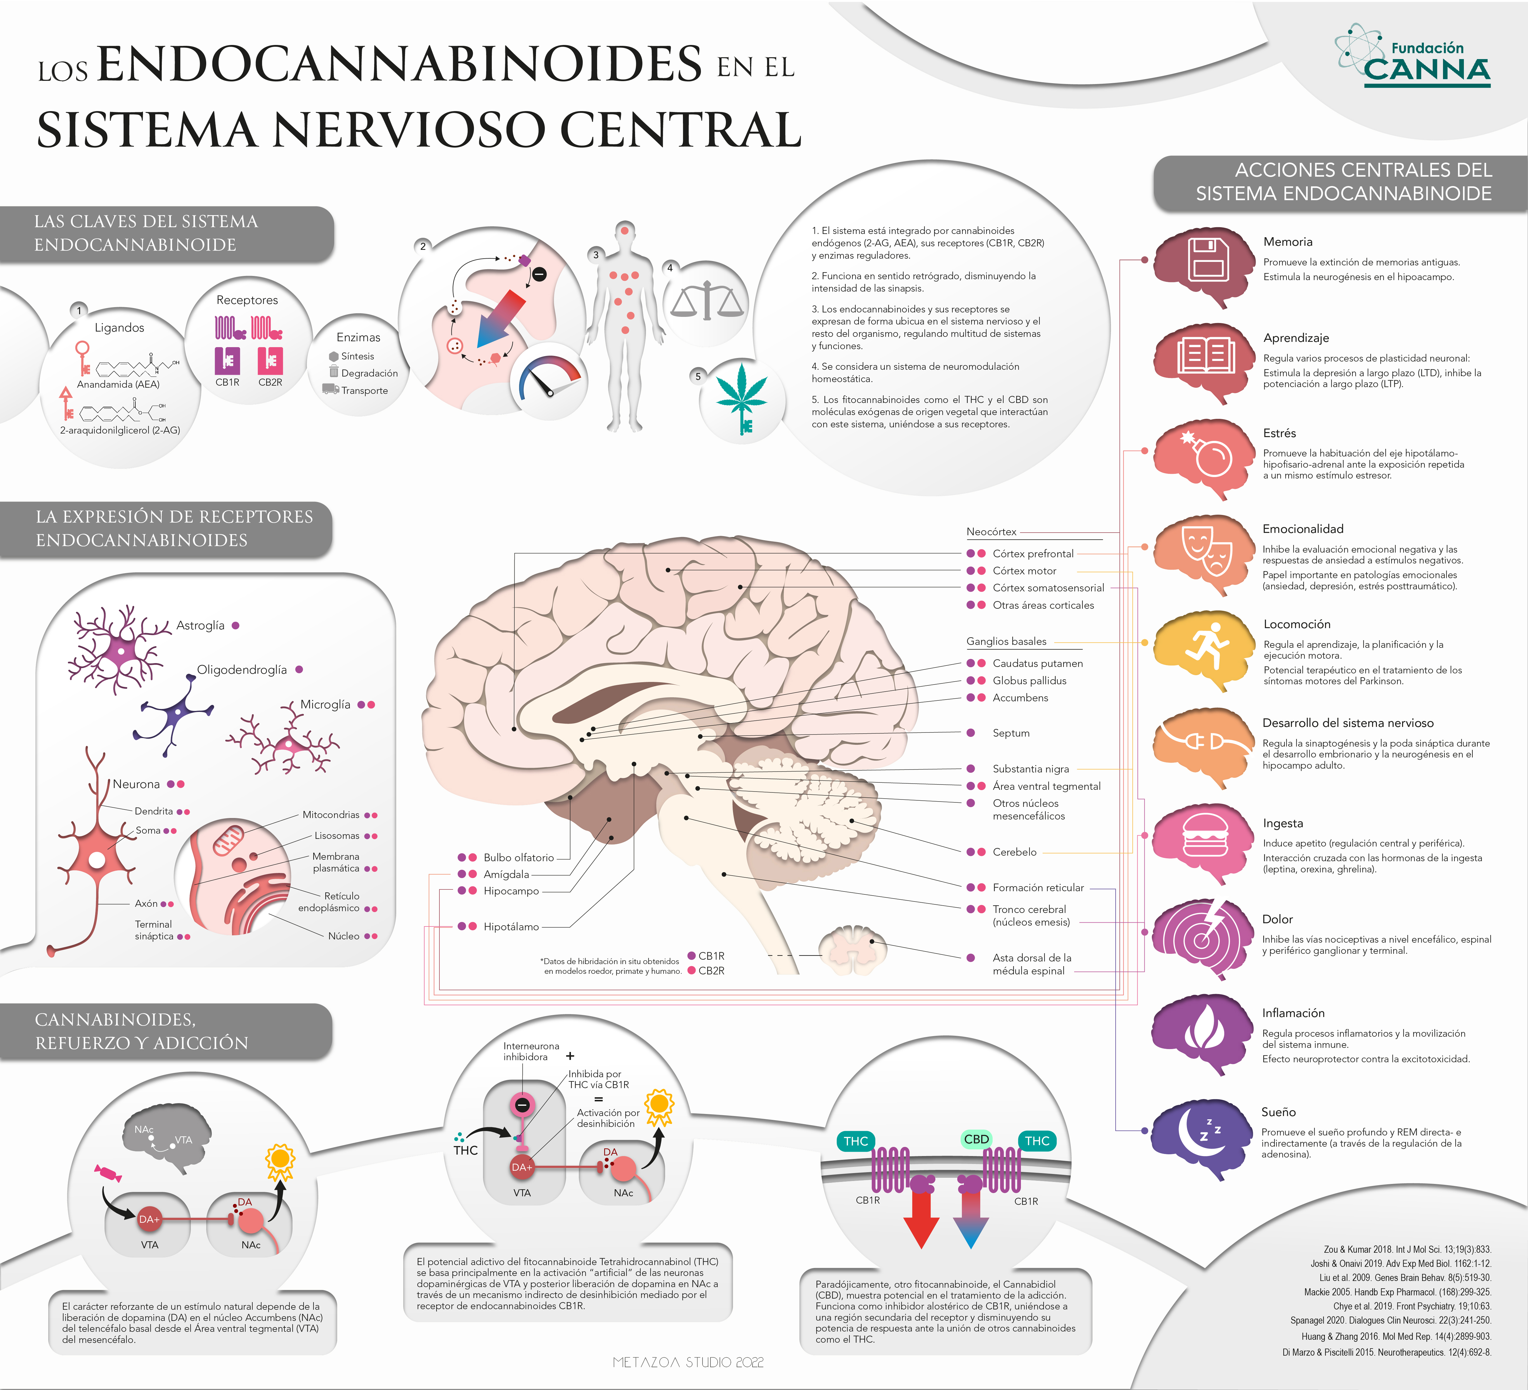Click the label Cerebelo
pos(1014,852)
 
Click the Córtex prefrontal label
pos(1033,553)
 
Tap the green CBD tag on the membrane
pos(976,1139)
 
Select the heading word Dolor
pos(1277,919)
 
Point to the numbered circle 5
pos(698,376)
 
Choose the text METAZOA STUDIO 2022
pos(688,1362)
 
